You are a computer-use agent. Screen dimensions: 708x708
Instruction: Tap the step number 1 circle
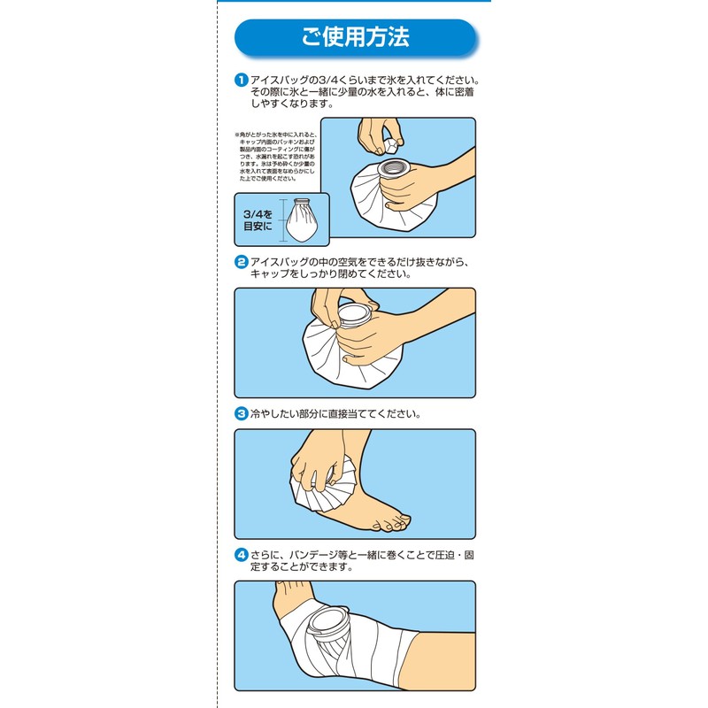(240, 81)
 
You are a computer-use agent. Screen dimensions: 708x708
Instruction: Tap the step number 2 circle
(240, 262)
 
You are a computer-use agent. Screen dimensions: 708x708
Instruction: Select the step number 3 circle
(240, 413)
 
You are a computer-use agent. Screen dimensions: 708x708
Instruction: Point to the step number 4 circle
(240, 555)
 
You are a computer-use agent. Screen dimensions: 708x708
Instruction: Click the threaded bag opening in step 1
(389, 167)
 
